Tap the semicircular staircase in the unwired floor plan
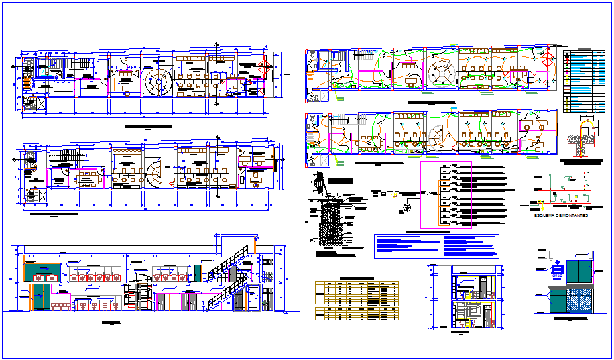tap(153, 174)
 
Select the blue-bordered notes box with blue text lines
tap(437, 246)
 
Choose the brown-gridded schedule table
tap(357, 299)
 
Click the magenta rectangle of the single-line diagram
tap(446, 195)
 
